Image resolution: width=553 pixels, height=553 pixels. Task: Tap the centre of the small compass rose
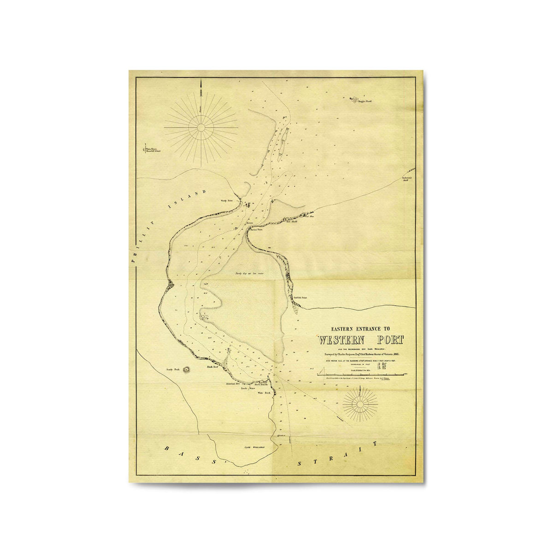[360, 404]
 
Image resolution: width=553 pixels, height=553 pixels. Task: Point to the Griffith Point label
[300, 298]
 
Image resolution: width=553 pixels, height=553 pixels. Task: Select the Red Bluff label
[292, 222]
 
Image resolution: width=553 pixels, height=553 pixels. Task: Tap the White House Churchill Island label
[153, 150]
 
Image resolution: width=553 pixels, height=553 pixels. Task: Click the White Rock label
[263, 393]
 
